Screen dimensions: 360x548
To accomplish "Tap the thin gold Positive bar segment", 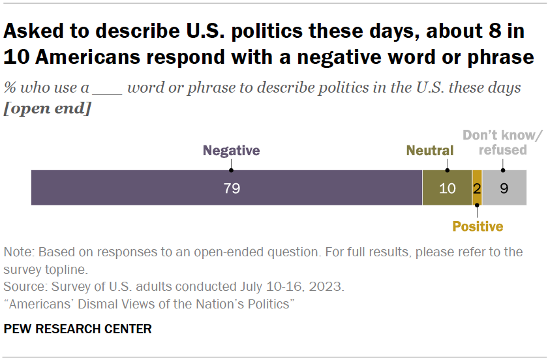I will pos(477,188).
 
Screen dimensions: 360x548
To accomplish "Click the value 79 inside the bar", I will pos(232,188).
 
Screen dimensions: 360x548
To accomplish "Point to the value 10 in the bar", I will pos(447,188).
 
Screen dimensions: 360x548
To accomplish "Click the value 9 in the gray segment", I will pos(504,188).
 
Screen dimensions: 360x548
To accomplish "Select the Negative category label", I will pos(231,151).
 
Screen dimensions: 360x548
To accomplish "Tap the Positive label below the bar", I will pos(478,226).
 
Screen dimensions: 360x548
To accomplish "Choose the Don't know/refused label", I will pos(502,143).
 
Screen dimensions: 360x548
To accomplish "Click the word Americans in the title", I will pos(92,57).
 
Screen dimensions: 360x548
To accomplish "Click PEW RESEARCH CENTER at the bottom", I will pos(78,329).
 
